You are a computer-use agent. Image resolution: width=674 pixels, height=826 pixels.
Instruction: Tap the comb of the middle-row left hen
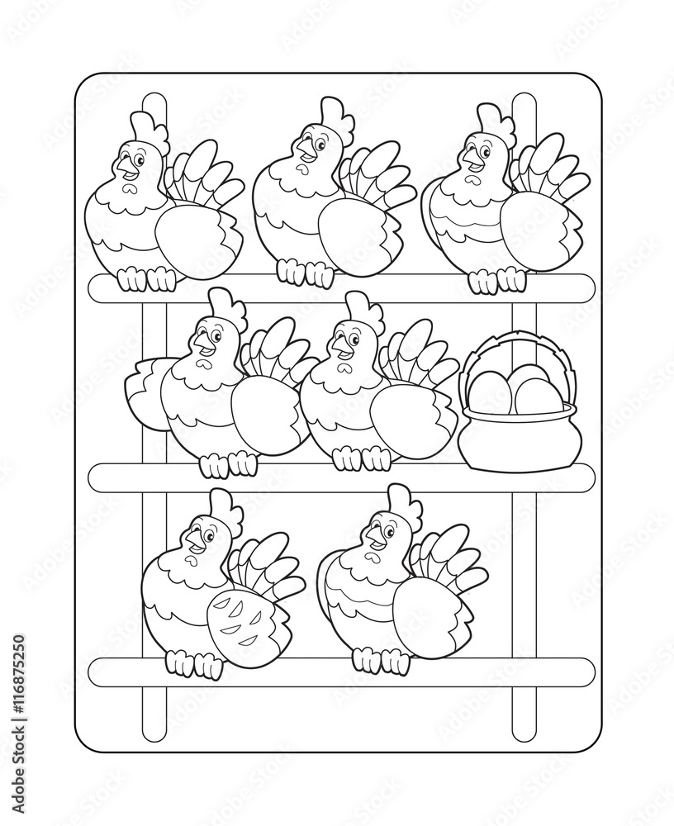pos(225,306)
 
